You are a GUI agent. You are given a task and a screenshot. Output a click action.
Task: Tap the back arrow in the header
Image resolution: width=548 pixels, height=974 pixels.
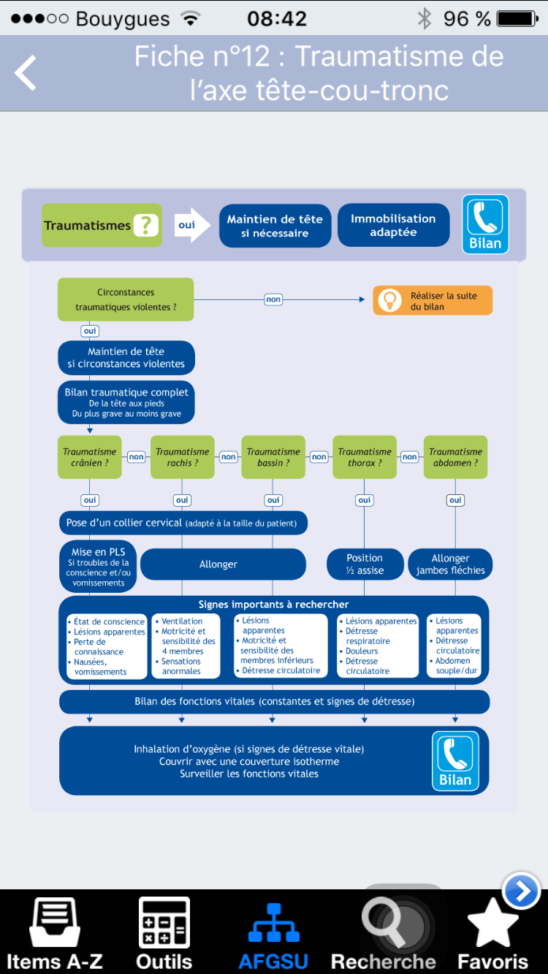(26, 72)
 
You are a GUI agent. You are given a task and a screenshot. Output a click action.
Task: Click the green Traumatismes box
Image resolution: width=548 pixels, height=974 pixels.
(102, 225)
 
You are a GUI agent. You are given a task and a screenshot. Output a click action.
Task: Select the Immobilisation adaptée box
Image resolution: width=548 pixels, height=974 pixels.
(394, 225)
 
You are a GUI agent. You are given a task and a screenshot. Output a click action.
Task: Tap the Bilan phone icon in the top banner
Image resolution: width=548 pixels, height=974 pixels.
(485, 224)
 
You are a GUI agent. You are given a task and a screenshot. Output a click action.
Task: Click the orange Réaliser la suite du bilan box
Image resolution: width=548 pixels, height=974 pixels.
(433, 301)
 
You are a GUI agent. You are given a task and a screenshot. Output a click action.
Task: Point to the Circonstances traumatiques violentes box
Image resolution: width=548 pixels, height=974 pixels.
(126, 299)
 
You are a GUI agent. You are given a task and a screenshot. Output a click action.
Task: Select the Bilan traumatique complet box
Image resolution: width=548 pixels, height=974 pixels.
(126, 402)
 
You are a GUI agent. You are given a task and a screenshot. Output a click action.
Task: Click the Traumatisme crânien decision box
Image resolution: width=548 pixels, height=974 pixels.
(90, 457)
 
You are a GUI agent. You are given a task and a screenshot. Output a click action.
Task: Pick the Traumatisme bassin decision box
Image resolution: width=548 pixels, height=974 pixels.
(273, 457)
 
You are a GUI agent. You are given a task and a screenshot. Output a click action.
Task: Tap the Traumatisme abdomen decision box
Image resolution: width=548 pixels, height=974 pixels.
(455, 457)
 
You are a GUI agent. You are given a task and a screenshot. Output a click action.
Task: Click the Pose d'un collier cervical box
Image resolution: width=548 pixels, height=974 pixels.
(183, 523)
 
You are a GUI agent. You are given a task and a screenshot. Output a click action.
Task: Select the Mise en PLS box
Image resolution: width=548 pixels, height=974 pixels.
(98, 567)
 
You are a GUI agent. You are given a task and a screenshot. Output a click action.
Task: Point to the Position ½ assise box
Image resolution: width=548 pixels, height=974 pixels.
(365, 564)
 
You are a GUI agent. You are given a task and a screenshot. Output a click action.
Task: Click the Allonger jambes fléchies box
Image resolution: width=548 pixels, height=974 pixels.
(450, 564)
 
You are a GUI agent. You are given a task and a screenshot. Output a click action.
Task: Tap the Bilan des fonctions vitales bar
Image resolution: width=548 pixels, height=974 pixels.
(274, 702)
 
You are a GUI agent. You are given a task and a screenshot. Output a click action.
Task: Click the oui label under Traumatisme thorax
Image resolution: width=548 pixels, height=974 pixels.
(365, 500)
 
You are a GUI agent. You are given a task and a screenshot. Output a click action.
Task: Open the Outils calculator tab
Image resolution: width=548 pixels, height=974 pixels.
(164, 922)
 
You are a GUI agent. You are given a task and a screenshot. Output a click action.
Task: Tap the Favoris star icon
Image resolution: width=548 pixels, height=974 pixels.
(492, 923)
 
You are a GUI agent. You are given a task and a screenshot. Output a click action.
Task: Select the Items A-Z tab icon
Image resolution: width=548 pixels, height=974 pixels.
(55, 922)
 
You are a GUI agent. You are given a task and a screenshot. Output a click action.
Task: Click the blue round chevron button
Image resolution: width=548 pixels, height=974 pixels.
(522, 891)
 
